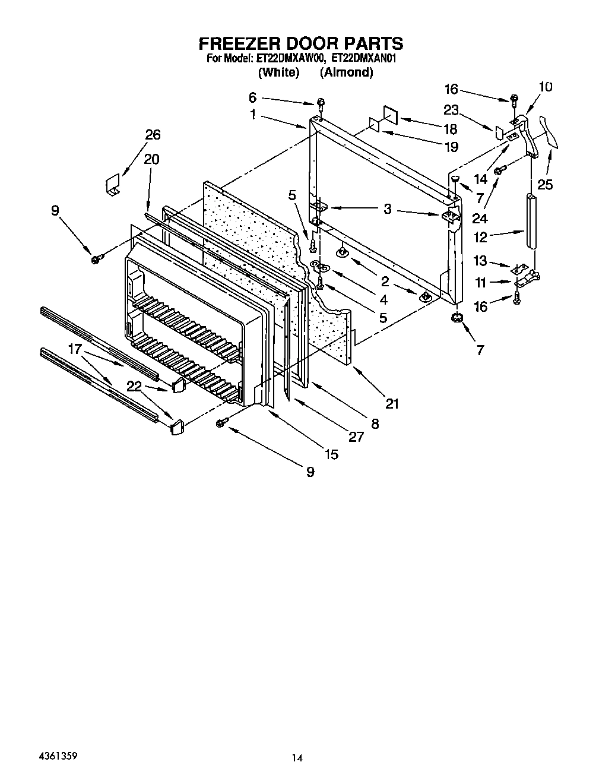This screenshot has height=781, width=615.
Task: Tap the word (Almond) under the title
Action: [x=346, y=72]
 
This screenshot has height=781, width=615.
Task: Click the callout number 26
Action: [x=153, y=135]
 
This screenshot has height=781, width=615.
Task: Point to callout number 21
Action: [x=392, y=404]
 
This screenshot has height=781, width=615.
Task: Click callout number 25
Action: [x=544, y=184]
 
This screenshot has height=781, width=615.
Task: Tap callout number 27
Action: [x=356, y=437]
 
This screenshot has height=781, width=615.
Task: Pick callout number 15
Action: [x=331, y=454]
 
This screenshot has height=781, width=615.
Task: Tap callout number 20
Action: [x=151, y=159]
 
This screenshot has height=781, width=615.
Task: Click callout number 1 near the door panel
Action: [x=253, y=115]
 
